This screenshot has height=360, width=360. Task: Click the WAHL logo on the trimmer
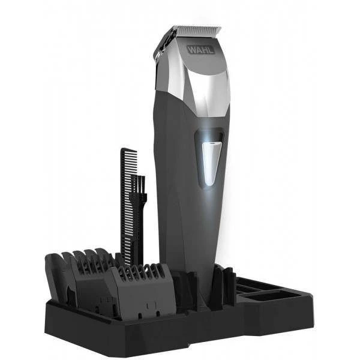pos(201,50)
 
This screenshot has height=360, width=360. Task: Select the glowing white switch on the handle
pos(211,163)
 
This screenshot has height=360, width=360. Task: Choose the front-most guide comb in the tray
pos(142,292)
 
